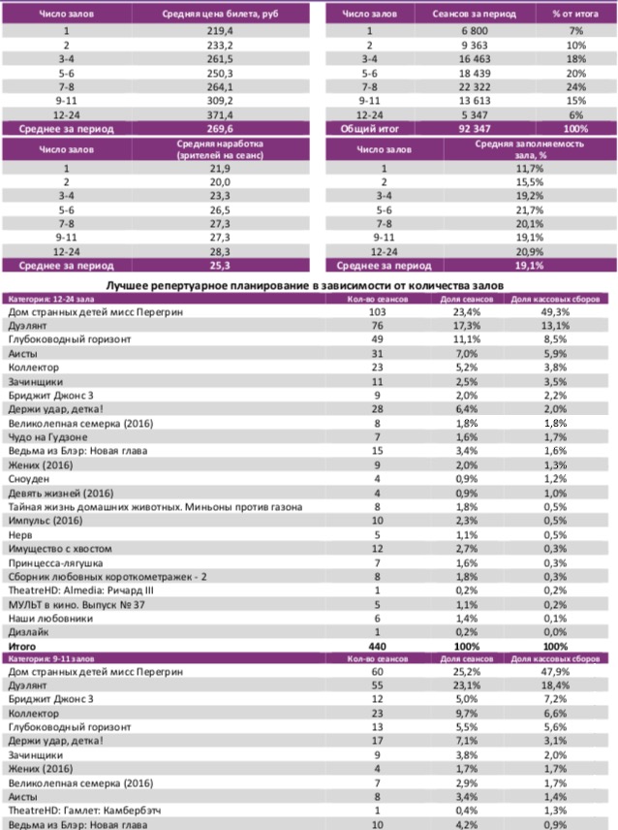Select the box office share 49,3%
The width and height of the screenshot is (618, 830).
[556, 312]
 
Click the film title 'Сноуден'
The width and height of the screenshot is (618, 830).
[29, 479]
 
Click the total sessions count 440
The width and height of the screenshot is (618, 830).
[378, 645]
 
